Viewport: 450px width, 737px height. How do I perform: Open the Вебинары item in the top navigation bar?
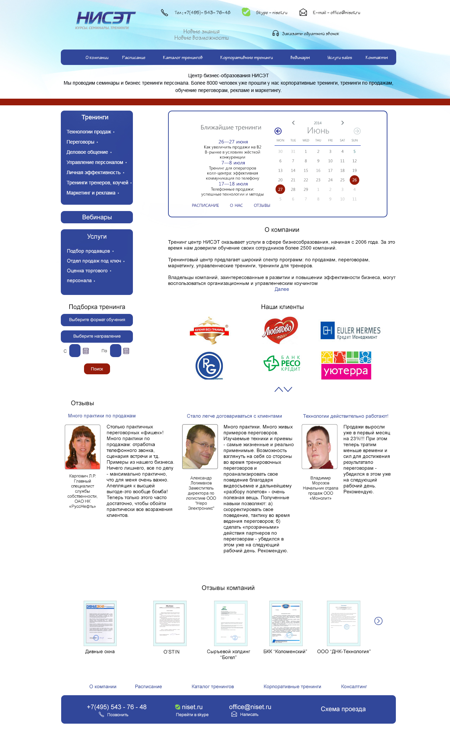(300, 58)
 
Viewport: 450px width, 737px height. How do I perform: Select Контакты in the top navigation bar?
(376, 58)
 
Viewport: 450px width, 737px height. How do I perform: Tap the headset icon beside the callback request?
(276, 33)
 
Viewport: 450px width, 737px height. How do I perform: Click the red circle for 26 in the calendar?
(354, 180)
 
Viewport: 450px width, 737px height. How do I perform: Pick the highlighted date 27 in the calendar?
(280, 189)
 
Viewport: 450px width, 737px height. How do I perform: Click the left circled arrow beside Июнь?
(278, 131)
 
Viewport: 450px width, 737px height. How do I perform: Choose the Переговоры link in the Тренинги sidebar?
(81, 142)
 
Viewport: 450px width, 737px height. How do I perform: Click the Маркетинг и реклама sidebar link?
(91, 193)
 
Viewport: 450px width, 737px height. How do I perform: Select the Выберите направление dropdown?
(97, 336)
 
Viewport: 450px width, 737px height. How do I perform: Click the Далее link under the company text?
(282, 289)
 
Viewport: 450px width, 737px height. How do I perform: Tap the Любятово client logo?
(280, 330)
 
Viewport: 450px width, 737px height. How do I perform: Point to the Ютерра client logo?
(346, 366)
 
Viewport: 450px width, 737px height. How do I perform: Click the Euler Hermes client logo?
(350, 330)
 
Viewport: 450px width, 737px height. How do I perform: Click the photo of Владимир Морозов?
(320, 447)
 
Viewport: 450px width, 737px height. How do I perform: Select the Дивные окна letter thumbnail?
(100, 623)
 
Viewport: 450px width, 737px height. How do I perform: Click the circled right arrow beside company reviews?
(378, 621)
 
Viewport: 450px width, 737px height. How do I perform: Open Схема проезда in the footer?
(343, 709)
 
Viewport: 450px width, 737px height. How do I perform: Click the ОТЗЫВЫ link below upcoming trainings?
(262, 205)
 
